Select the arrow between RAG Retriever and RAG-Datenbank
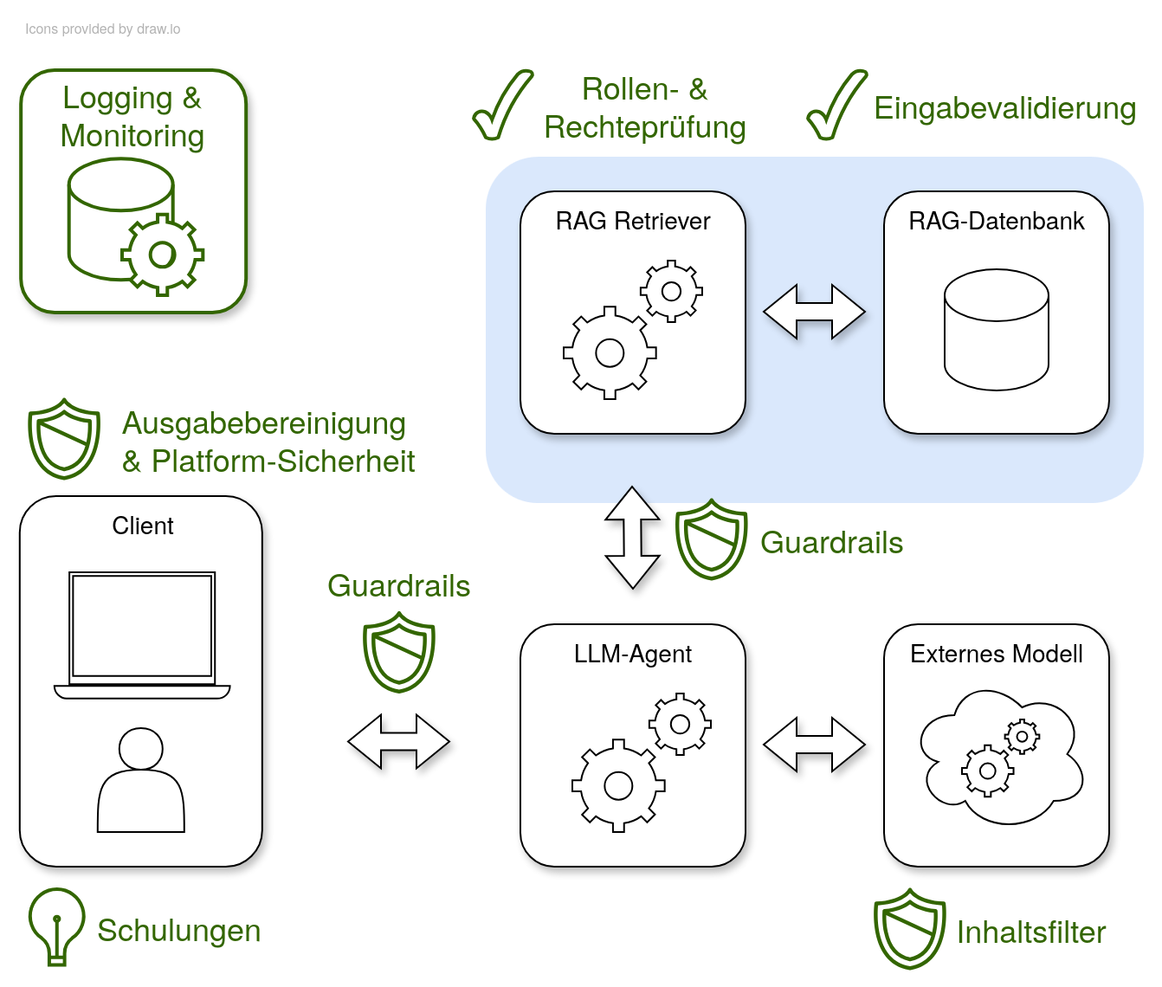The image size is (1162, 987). pyautogui.click(x=814, y=312)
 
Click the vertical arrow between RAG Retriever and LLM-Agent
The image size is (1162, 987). pyautogui.click(x=633, y=538)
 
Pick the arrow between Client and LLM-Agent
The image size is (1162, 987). pyautogui.click(x=398, y=742)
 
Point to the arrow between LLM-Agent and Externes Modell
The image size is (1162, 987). pyautogui.click(x=814, y=745)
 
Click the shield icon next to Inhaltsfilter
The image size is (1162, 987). pyautogui.click(x=909, y=929)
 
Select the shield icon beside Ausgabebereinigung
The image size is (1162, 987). pyautogui.click(x=64, y=438)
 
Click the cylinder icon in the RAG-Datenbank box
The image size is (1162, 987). pyautogui.click(x=996, y=330)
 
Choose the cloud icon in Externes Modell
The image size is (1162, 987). pyautogui.click(x=1000, y=756)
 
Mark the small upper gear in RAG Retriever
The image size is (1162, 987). pyautogui.click(x=671, y=291)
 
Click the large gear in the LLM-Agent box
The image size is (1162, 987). pyautogui.click(x=618, y=785)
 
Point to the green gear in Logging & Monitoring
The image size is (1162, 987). pyautogui.click(x=162, y=255)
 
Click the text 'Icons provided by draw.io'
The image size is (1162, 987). pyautogui.click(x=102, y=29)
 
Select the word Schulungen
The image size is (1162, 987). pyautogui.click(x=178, y=931)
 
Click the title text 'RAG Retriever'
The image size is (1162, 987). pyautogui.click(x=632, y=222)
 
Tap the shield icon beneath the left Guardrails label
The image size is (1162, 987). pyautogui.click(x=398, y=652)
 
